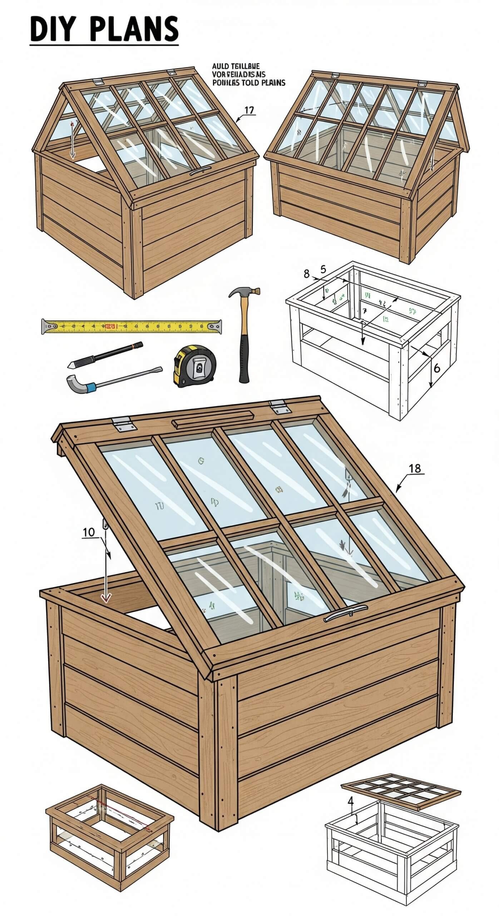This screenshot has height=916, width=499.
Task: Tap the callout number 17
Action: click(249, 111)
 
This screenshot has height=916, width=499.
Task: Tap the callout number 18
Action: click(415, 468)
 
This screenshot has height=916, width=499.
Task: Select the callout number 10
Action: click(89, 532)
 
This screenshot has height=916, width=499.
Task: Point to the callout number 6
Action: click(436, 368)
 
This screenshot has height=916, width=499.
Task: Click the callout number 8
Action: click(306, 274)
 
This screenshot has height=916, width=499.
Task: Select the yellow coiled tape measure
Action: click(195, 366)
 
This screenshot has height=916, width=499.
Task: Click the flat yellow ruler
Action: click(132, 326)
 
